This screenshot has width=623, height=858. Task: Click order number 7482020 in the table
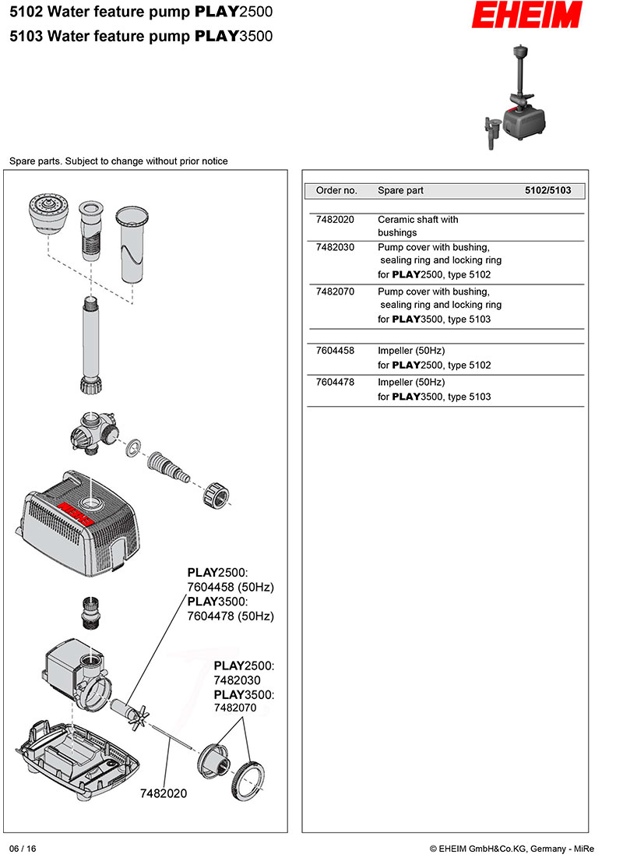(x=335, y=220)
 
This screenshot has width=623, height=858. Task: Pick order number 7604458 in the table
(x=335, y=351)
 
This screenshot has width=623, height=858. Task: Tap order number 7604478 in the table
(x=335, y=383)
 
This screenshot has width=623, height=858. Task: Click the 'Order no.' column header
(x=336, y=190)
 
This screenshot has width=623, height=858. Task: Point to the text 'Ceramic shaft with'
(x=417, y=220)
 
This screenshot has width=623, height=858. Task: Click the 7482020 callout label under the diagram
(x=164, y=793)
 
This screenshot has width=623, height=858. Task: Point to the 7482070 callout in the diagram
(x=234, y=708)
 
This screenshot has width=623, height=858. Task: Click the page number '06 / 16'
(x=23, y=849)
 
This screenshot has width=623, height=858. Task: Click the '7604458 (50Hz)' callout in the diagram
(x=231, y=587)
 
